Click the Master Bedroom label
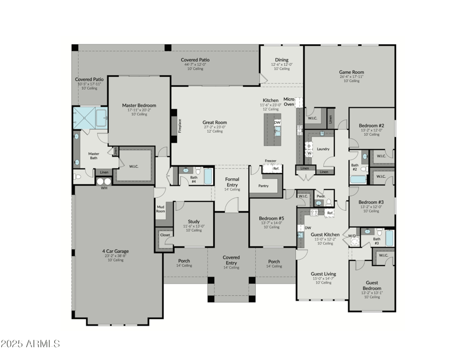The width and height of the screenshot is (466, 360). point(139,105)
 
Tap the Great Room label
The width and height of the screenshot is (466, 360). point(214,122)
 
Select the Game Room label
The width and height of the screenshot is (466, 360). point(351,72)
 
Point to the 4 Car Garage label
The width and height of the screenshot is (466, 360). point(113,252)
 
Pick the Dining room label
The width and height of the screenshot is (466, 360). point(281,59)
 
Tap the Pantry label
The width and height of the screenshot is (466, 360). point(263,186)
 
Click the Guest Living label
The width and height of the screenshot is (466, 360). point(323,273)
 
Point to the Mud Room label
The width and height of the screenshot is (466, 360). point(160,209)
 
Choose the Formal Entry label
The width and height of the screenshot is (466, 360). point(232,182)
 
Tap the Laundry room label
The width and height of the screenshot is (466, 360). point(323,149)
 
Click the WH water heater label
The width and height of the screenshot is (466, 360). point(104,188)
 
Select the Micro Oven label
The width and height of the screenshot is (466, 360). point(289,102)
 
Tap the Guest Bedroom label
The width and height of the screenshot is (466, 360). point(372,286)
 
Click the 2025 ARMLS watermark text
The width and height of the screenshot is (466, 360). point(30,344)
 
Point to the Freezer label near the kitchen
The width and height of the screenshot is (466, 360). point(270,161)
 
